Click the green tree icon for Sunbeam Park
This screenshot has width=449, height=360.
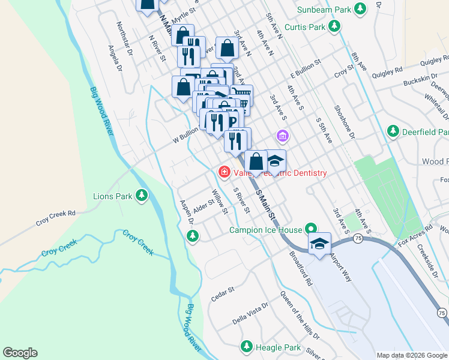pyautogui.click(x=360, y=9)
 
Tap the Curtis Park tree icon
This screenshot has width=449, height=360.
pyautogui.click(x=334, y=26)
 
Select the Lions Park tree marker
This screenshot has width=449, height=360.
pyautogui.click(x=142, y=196)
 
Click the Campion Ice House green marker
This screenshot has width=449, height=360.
pyautogui.click(x=310, y=229)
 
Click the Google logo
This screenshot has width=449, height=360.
pyautogui.click(x=20, y=353)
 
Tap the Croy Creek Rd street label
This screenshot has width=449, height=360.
pyautogui.click(x=55, y=213)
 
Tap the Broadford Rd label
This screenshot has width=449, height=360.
pyautogui.click(x=301, y=266)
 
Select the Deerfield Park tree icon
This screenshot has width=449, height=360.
pyautogui.click(x=393, y=131)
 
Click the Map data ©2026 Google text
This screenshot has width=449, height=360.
pyautogui.click(x=411, y=355)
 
